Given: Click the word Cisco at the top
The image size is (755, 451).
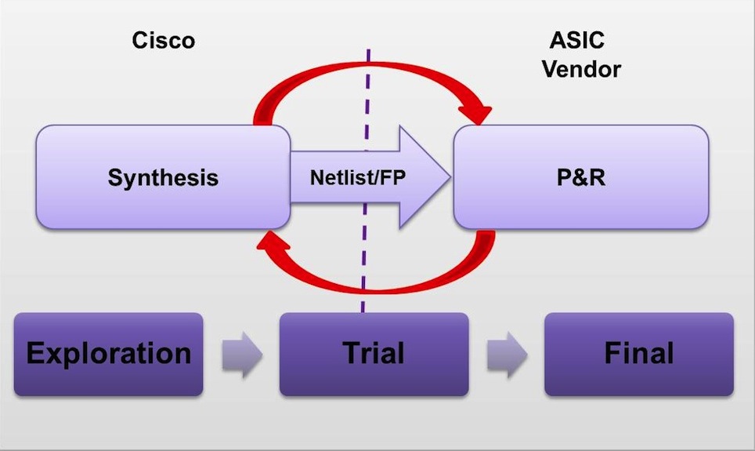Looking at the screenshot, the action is pos(163,40).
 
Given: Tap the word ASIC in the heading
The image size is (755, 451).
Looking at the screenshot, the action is pos(577,40).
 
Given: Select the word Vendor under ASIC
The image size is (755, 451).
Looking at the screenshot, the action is pos(581,69).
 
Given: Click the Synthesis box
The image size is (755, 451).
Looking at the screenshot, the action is pos(163,176).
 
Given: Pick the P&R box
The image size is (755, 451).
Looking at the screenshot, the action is pos(581,176).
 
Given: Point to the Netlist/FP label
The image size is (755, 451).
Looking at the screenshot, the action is pos(358,177).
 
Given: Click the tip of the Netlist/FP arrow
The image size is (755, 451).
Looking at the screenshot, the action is pos(450,177).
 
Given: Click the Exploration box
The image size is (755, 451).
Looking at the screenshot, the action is pos(108,355).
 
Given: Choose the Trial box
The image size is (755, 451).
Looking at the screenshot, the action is pos(374,355).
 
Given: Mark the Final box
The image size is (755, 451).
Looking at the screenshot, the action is pos(639,355).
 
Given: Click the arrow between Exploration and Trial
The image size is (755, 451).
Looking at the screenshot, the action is pos(242,355).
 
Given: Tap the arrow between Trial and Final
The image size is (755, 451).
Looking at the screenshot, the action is pos(508,355).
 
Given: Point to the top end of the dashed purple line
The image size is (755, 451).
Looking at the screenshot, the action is pos(368,49).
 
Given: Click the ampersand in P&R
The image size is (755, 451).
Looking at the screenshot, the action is pos(581,177).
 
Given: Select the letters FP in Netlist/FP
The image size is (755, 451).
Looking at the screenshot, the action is pos(393,177).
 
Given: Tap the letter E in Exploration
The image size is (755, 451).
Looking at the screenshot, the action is pos(36,353).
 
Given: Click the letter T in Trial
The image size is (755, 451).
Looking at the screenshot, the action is pos(352,353).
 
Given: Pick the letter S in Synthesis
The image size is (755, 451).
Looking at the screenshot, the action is pos(116,177).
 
